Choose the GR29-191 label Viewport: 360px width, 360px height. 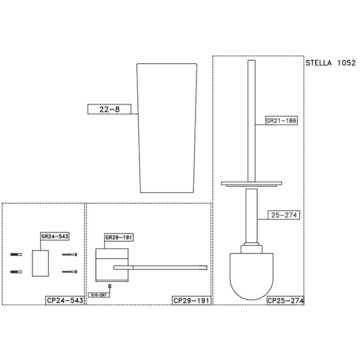[x=119, y=238]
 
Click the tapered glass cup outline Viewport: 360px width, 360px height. [x=167, y=129]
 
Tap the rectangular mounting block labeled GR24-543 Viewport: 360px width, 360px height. [x=40, y=263]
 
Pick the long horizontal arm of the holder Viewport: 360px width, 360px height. [x=160, y=267]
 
